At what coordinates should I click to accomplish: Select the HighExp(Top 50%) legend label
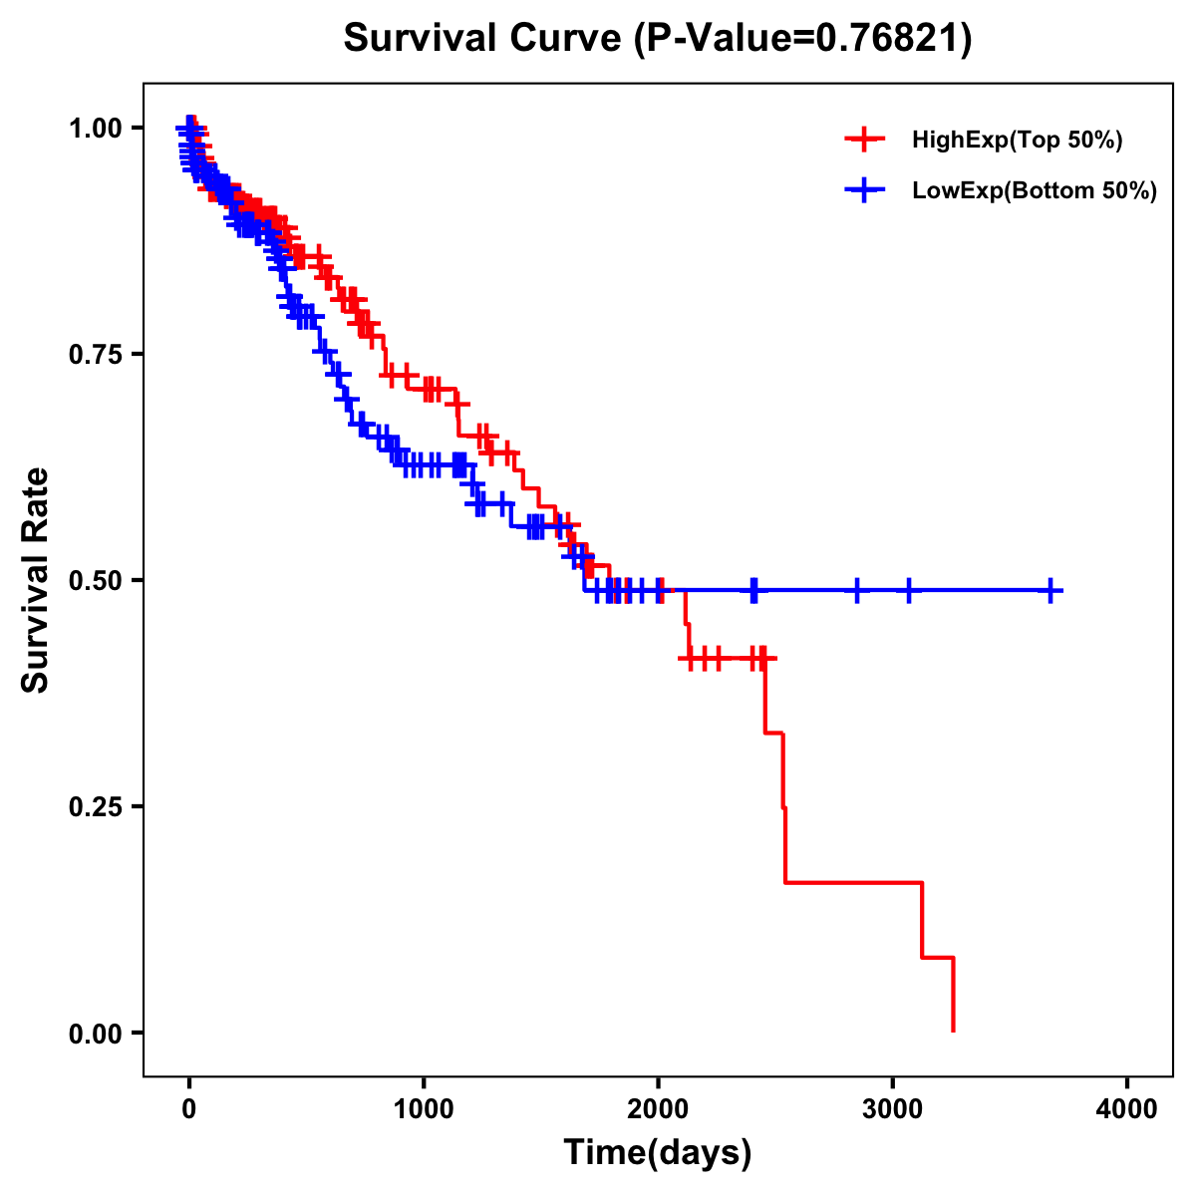[1017, 141]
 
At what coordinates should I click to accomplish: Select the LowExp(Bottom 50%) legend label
[1035, 191]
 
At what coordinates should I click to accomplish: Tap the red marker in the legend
[864, 141]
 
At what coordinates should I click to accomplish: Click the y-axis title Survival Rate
[36, 580]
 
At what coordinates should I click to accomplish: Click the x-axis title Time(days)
[658, 1153]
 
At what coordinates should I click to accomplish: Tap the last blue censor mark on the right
[1050, 591]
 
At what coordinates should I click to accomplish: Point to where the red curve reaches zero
[954, 1031]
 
